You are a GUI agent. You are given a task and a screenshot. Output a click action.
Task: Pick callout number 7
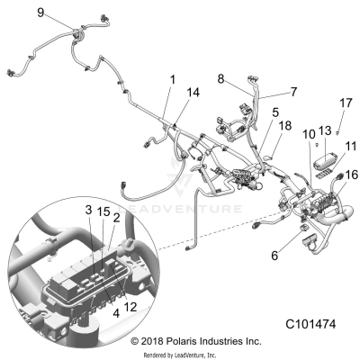(267, 92)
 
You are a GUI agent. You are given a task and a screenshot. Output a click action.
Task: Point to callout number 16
(352, 174)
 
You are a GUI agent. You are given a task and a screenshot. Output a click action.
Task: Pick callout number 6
(274, 255)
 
